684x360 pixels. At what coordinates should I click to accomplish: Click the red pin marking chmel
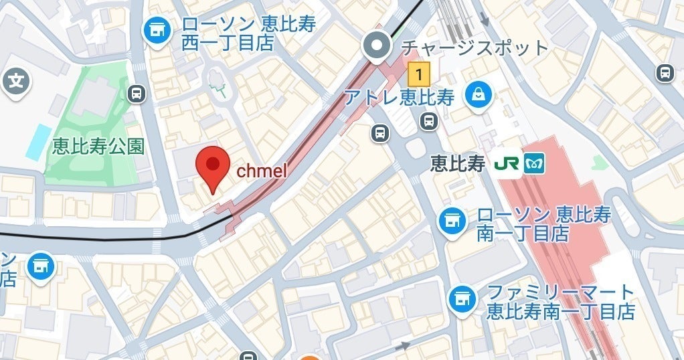tap(212, 166)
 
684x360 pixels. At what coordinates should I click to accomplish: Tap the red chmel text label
tap(262, 171)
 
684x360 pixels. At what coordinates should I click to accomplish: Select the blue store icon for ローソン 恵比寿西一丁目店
tap(157, 30)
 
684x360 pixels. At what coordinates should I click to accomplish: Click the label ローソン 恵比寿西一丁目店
tap(248, 33)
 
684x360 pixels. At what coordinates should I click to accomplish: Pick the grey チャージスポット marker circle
tap(376, 46)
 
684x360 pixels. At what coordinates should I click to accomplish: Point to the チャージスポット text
tap(473, 48)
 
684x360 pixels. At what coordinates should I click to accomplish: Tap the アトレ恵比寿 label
tap(400, 97)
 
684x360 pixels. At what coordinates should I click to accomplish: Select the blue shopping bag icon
tap(479, 95)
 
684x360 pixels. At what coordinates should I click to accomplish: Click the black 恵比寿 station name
tap(457, 164)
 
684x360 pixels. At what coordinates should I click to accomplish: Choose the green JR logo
tap(505, 164)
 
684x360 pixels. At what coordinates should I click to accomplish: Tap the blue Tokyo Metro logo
tap(534, 164)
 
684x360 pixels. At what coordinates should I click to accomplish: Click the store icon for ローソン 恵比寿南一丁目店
tap(453, 219)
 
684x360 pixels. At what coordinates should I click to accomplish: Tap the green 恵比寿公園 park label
tap(98, 147)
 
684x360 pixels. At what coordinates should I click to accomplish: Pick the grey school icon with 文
tap(15, 82)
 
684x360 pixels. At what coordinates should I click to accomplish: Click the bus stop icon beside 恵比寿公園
tap(137, 93)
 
